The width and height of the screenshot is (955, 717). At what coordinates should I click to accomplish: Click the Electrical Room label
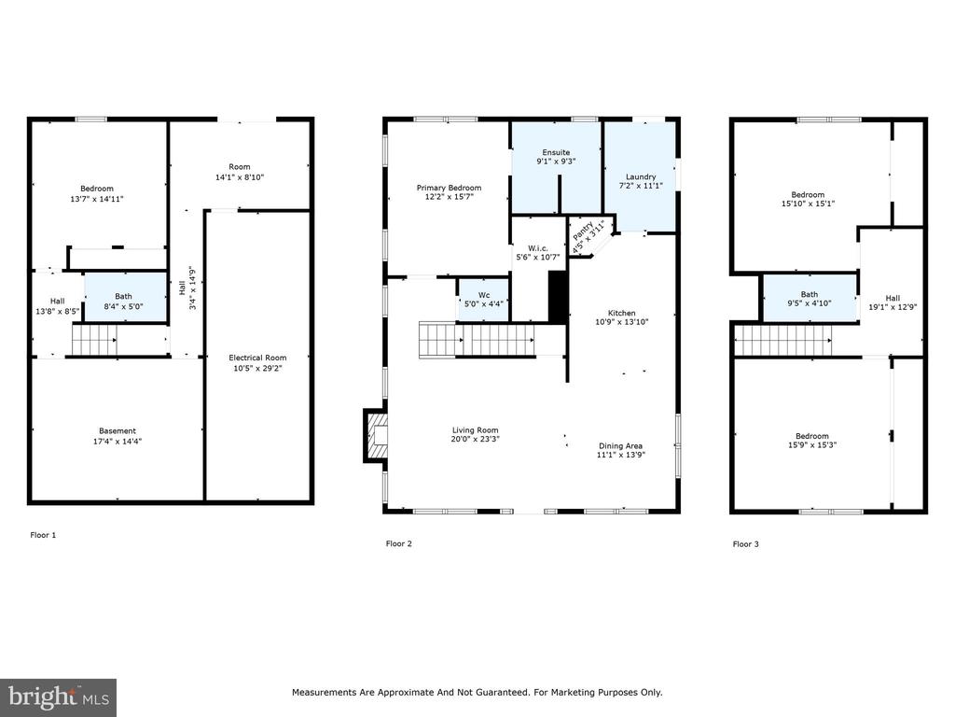257,358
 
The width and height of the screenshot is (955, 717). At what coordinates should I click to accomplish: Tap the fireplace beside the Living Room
375,435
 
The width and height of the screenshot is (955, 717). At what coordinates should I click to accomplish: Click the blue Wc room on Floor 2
483,300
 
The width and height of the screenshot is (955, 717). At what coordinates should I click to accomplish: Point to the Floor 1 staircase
94,339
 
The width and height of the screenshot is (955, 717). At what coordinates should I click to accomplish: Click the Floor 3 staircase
782,340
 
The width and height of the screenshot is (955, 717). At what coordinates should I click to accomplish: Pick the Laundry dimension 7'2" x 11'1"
641,186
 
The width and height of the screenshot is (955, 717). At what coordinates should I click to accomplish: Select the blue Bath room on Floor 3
810,298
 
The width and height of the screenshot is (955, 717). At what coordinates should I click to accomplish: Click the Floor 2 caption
399,544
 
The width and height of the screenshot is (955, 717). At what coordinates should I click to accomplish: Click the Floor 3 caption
745,544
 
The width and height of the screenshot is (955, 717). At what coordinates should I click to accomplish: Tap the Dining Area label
620,445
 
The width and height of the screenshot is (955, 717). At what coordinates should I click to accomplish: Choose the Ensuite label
556,152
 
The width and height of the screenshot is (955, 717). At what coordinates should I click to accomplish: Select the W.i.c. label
538,248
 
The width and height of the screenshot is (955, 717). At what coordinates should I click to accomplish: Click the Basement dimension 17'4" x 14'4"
118,442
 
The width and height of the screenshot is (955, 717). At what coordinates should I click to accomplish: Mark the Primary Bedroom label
449,188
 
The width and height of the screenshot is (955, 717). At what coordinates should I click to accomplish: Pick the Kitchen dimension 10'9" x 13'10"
622,322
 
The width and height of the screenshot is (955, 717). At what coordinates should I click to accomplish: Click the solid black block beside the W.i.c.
559,297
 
